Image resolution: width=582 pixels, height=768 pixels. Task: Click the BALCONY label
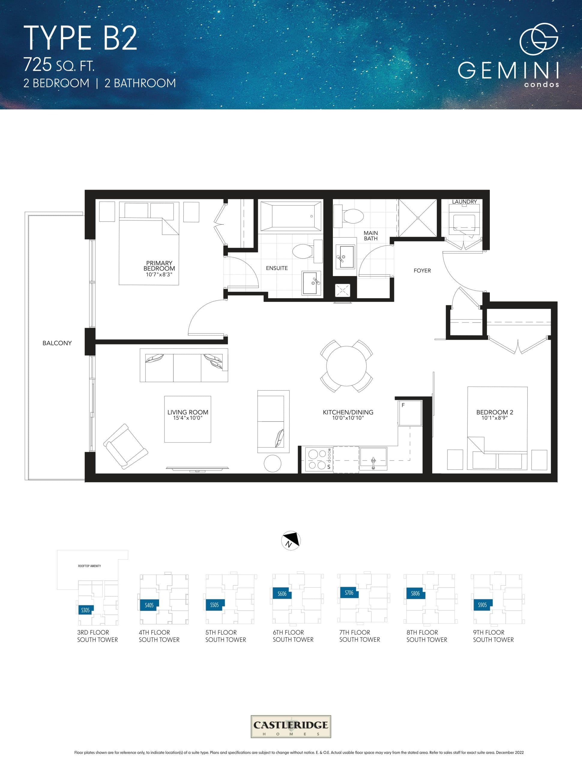click(x=57, y=343)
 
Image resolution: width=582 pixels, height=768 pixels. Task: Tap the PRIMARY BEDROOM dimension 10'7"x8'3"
click(x=159, y=274)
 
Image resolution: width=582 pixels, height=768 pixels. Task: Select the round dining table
click(x=346, y=366)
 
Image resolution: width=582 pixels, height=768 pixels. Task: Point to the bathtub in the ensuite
click(x=291, y=216)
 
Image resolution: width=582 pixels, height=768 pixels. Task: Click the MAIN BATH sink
click(x=345, y=257)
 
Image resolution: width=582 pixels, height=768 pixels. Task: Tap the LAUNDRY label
click(x=464, y=202)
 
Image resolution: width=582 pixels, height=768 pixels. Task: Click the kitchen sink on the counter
click(x=373, y=458)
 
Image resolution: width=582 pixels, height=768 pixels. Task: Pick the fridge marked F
click(x=410, y=413)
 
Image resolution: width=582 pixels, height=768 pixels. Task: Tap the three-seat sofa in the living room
click(x=184, y=366)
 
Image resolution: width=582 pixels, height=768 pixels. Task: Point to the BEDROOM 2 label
click(x=494, y=412)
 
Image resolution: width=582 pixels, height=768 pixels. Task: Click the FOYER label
click(x=422, y=271)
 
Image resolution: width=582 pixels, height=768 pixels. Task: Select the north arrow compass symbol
click(x=291, y=541)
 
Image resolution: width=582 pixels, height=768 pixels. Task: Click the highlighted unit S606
click(x=282, y=594)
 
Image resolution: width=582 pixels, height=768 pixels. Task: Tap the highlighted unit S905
click(x=482, y=605)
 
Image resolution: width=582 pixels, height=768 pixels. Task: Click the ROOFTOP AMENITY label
click(x=89, y=566)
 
